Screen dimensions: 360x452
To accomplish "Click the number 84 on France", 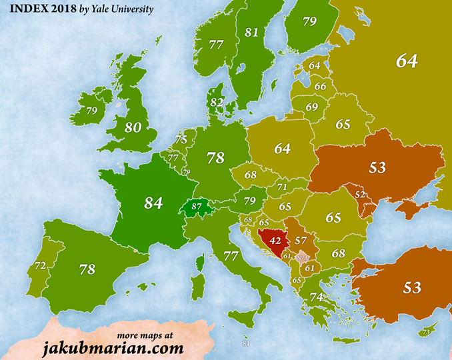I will pyautogui.click(x=154, y=202).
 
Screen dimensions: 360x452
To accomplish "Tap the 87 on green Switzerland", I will pyautogui.click(x=197, y=207).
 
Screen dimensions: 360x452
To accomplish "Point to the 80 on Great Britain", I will pyautogui.click(x=132, y=127).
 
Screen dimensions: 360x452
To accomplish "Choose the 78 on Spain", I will pyautogui.click(x=87, y=269).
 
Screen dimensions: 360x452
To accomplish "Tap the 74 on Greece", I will pyautogui.click(x=316, y=297).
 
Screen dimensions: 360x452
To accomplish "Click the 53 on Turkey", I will pyautogui.click(x=412, y=288).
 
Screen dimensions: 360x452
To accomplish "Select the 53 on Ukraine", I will pyautogui.click(x=377, y=167).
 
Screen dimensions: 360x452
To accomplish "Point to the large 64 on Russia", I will pyautogui.click(x=407, y=61).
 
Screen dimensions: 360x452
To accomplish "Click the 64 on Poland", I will pyautogui.click(x=283, y=149).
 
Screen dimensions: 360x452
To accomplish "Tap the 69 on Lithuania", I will pyautogui.click(x=312, y=107).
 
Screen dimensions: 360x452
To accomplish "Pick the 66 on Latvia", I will pyautogui.click(x=320, y=86).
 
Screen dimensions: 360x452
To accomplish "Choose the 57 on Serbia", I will pyautogui.click(x=301, y=241).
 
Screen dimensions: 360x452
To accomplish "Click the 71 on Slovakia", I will pyautogui.click(x=283, y=188).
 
